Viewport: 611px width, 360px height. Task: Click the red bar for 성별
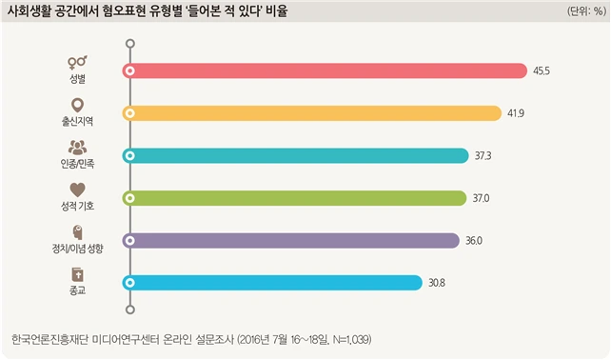(x=325, y=71)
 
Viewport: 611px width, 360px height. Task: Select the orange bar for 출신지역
(x=312, y=113)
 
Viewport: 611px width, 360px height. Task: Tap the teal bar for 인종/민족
(x=295, y=155)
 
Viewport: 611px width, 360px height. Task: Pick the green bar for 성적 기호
(x=294, y=198)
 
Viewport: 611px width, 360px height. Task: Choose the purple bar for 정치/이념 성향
(x=290, y=241)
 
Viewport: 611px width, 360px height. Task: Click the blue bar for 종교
(x=272, y=283)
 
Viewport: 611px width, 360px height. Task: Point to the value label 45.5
(x=542, y=71)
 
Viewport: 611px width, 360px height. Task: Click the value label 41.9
(x=516, y=113)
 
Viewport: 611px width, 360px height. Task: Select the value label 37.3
(x=483, y=156)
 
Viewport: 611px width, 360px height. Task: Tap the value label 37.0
(x=481, y=198)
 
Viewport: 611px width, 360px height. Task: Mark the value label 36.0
(x=474, y=241)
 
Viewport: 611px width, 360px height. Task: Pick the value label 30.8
(x=437, y=283)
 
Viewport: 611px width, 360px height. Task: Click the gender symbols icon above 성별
(x=77, y=62)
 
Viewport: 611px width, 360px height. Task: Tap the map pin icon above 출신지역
(x=77, y=106)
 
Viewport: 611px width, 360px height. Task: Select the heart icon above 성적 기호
(x=77, y=190)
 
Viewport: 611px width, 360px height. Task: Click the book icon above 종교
(x=77, y=274)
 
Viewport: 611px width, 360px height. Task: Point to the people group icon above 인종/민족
(x=77, y=148)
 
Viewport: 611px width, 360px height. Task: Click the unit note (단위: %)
(x=586, y=11)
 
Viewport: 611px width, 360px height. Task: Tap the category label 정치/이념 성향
(x=77, y=249)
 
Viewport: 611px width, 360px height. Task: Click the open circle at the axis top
(x=130, y=43)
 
